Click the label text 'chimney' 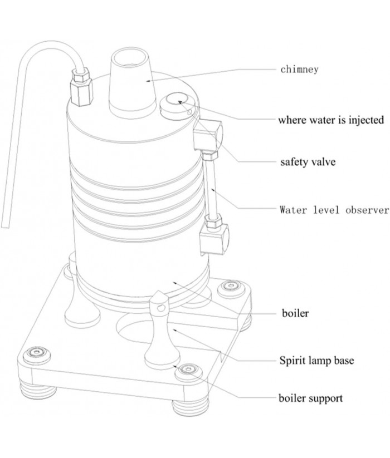click(299, 70)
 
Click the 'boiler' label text click(294, 314)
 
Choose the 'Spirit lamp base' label click(316, 360)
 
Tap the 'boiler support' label click(311, 398)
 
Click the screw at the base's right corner click(229, 287)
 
